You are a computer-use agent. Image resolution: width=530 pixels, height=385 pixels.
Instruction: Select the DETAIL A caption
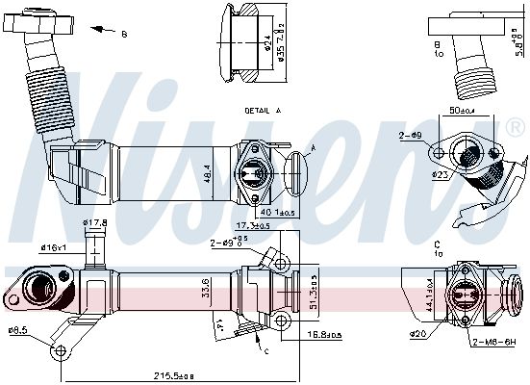[262, 111]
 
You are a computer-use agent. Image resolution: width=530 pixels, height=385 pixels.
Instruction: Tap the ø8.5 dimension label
[17, 331]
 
